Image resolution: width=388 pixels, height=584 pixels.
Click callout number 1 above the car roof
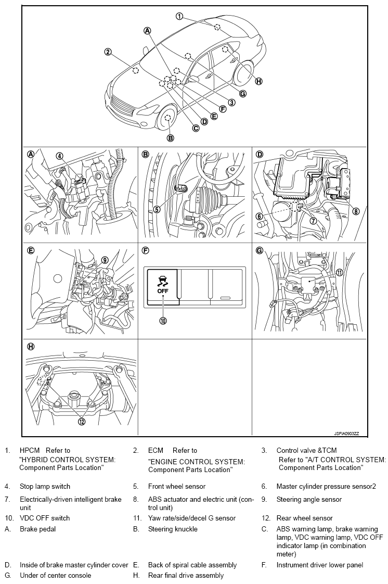[179, 16]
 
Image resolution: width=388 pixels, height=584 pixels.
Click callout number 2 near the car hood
[108, 52]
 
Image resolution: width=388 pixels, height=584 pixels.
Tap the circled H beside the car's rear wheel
[258, 81]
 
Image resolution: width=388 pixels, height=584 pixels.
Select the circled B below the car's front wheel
[170, 138]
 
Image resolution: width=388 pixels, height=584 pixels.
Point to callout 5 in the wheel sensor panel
[157, 209]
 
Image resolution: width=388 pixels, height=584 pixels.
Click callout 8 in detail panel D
[356, 211]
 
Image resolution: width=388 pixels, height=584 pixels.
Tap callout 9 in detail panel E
[105, 260]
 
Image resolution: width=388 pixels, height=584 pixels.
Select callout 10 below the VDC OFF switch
[163, 320]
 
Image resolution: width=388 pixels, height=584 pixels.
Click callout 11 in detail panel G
[339, 272]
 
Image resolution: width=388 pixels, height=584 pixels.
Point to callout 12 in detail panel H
[82, 421]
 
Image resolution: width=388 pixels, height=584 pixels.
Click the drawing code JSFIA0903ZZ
[346, 434]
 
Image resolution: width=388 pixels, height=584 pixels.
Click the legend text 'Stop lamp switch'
[45, 487]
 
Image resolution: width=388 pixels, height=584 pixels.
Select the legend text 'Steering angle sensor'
[309, 500]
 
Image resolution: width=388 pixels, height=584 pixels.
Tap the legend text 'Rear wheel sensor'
[304, 518]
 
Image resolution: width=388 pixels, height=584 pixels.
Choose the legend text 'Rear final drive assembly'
[186, 576]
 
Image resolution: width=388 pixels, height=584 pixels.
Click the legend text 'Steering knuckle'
[173, 529]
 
